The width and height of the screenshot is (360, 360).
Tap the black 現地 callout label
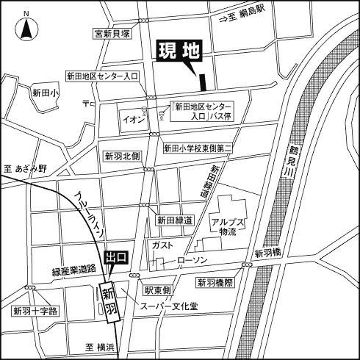[x=179, y=53]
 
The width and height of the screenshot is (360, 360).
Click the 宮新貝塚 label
[x=112, y=33]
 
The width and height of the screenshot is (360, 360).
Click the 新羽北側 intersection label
[x=122, y=156]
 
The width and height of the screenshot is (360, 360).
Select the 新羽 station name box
[x=108, y=301]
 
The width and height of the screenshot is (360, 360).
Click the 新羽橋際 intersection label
[x=215, y=282]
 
